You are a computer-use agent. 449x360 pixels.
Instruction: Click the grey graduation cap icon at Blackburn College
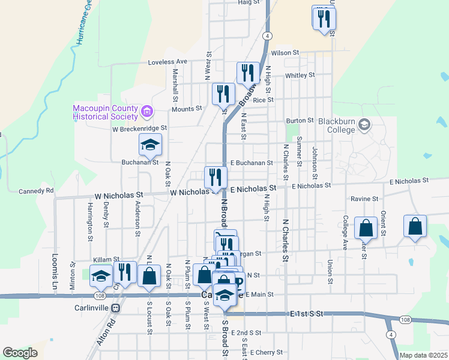pyautogui.click(x=364, y=125)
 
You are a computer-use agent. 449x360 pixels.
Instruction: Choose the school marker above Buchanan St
pyautogui.click(x=150, y=145)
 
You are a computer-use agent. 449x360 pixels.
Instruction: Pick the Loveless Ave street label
pyautogui.click(x=168, y=62)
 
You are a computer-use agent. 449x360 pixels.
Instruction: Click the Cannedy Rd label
pyautogui.click(x=36, y=191)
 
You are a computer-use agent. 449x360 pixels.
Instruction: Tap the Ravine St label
pyautogui.click(x=365, y=199)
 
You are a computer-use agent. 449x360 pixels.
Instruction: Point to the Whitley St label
pyautogui.click(x=300, y=75)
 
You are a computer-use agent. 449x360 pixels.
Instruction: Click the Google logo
pyautogui.click(x=20, y=353)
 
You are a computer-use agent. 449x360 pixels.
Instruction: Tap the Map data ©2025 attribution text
pyautogui.click(x=423, y=355)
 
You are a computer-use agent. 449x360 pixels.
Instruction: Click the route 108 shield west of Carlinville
pyautogui.click(x=100, y=296)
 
